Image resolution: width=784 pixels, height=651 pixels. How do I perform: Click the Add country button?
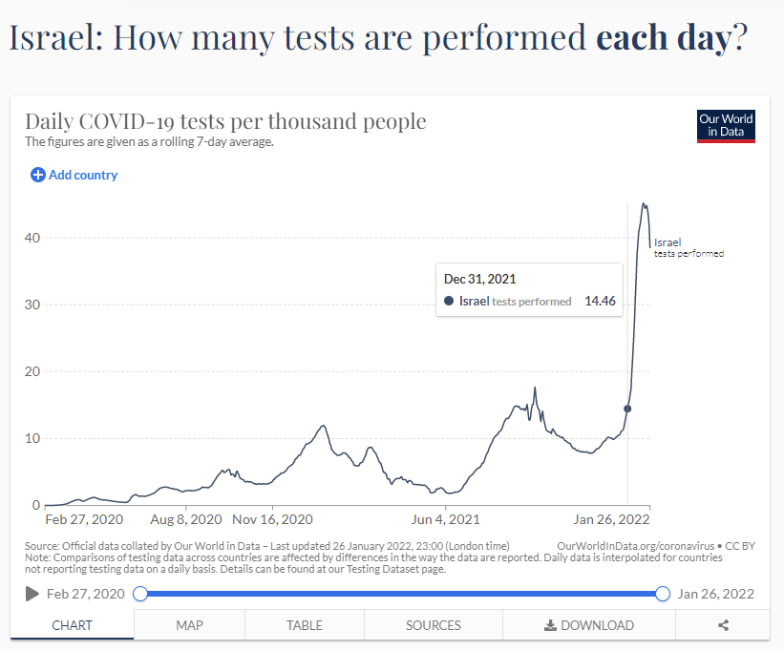[74, 175]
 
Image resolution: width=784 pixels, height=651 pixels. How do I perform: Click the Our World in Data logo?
[726, 125]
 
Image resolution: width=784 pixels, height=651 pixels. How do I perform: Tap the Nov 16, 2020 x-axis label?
[273, 520]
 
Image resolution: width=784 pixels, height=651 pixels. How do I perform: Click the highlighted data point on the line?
[627, 409]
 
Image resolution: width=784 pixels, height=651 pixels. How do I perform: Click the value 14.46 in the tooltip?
[600, 301]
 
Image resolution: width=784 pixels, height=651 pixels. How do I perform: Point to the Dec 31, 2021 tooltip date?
[479, 279]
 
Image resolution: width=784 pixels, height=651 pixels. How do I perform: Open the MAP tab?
[189, 625]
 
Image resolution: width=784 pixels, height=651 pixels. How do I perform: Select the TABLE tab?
[304, 625]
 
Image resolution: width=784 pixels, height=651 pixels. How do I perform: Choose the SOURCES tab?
[433, 625]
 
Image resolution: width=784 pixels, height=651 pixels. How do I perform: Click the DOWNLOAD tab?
[588, 625]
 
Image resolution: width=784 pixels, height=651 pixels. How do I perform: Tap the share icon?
[723, 625]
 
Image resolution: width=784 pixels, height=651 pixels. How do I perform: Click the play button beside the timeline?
[32, 594]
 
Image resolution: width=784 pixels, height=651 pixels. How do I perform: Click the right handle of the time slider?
[663, 594]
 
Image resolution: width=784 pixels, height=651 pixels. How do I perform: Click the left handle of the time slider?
[140, 594]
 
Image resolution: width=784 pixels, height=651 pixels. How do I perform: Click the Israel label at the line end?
[667, 242]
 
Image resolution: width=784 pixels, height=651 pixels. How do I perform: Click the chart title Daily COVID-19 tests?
[225, 122]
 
